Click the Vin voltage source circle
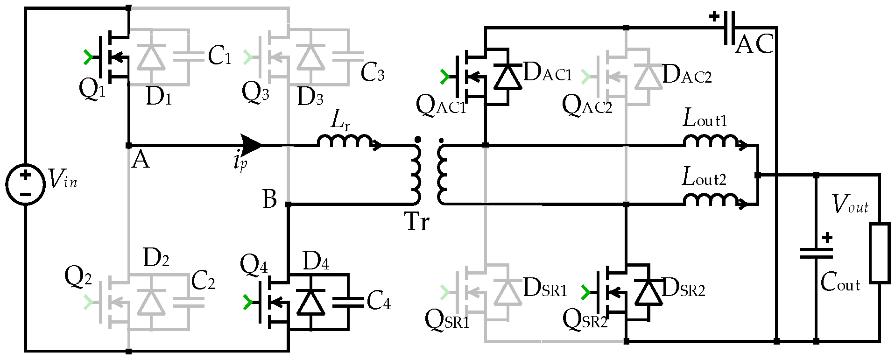(x=25, y=184)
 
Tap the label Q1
(x=92, y=88)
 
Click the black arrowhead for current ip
(x=251, y=145)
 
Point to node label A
(x=141, y=161)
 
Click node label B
(x=269, y=199)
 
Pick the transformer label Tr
(x=416, y=222)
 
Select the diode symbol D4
(x=310, y=302)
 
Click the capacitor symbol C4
(x=348, y=302)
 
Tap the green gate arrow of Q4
(x=247, y=303)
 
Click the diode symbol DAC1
(x=507, y=77)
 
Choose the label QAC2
(x=586, y=105)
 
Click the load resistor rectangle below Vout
(x=879, y=254)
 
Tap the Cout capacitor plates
(x=816, y=253)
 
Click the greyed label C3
(x=372, y=73)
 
